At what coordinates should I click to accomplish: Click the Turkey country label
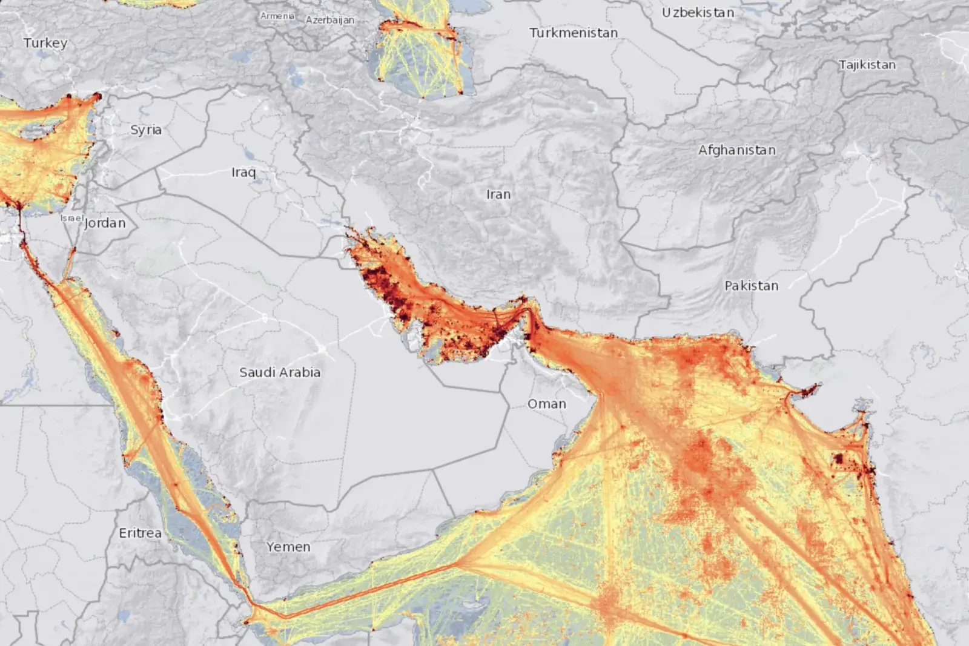45,43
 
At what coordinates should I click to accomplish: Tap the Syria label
146,130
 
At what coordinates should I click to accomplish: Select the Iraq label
243,173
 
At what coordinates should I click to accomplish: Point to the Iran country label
498,194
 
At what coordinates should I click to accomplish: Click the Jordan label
105,223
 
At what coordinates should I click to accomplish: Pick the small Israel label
71,218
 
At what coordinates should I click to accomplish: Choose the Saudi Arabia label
280,372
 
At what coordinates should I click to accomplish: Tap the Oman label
547,404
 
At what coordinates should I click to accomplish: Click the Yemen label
288,547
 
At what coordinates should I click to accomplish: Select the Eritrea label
141,533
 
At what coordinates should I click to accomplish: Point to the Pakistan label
752,286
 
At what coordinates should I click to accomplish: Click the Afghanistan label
737,150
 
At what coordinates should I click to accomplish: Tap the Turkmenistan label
574,33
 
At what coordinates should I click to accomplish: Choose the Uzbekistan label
698,13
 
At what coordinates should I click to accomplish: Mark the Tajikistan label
867,65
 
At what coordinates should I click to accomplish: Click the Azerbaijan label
330,20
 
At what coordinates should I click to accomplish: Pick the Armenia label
277,16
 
